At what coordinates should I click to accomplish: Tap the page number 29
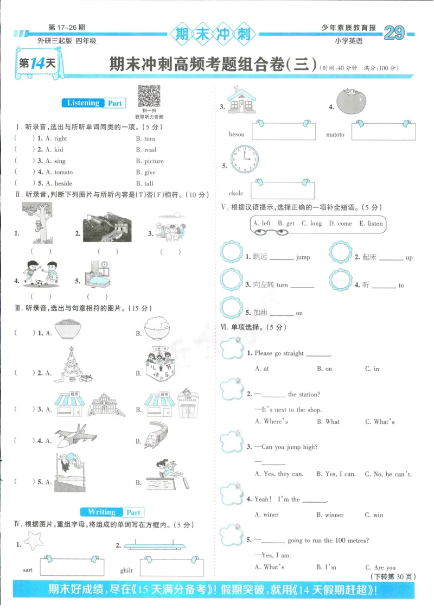pyautogui.click(x=394, y=34)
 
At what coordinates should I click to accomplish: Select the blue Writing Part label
pyautogui.click(x=112, y=512)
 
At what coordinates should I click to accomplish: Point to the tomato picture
pyautogui.click(x=352, y=100)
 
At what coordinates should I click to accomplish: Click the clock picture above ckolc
pyautogui.click(x=244, y=160)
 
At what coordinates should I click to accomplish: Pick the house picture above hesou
pyautogui.click(x=242, y=101)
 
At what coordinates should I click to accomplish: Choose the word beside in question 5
pyautogui.click(x=63, y=183)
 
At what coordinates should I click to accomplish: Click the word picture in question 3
pyautogui.click(x=154, y=161)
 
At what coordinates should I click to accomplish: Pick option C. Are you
pyautogui.click(x=380, y=567)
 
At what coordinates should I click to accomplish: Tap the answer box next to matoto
pyautogui.click(x=384, y=131)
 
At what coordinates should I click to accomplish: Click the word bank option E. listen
pyautogui.click(x=371, y=223)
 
